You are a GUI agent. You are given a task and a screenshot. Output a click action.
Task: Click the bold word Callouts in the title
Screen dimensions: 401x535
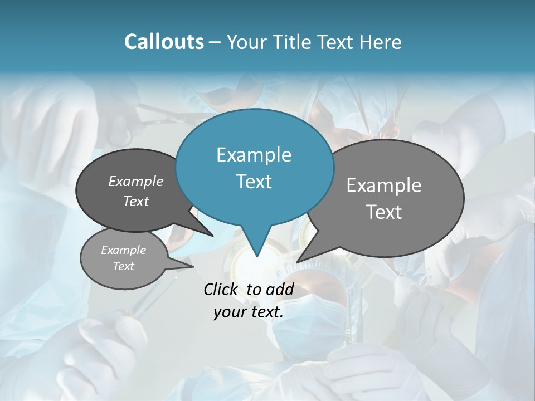coord(164,42)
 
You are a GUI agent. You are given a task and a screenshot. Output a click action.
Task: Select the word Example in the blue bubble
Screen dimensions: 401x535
coord(254,155)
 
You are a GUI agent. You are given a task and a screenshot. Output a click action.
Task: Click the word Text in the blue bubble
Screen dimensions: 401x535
coord(254,182)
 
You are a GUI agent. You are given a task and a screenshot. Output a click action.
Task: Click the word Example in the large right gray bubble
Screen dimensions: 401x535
coord(384,185)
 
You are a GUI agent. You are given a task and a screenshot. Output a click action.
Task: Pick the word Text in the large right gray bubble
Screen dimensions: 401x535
coord(384,212)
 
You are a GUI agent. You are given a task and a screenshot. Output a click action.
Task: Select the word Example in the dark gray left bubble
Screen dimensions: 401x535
coord(135,181)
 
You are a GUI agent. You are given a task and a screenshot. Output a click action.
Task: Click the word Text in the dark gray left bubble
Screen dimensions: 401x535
coord(135,201)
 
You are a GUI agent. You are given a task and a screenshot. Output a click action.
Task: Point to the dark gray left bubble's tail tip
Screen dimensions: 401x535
coord(213,236)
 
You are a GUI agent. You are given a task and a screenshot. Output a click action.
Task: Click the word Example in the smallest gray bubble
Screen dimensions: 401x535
coord(123,250)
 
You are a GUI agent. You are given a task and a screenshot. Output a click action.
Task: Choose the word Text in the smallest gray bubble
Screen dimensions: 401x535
coord(123,266)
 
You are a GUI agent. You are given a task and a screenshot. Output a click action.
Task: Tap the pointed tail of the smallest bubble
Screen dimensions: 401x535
coord(193,266)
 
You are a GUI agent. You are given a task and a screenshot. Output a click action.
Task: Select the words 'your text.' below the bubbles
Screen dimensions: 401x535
coord(249,312)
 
